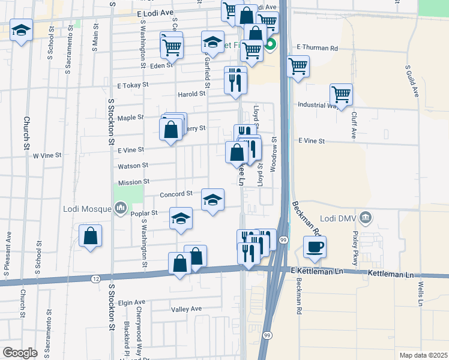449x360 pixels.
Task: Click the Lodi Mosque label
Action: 88,209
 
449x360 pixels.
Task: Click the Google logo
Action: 20,353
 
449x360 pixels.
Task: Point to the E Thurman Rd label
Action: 318,47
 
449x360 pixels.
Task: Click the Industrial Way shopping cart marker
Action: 341,94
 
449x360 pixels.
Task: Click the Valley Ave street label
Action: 186,309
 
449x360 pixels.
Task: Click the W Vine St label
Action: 47,155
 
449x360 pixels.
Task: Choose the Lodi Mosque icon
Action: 120,208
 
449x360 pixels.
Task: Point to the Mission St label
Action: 133,181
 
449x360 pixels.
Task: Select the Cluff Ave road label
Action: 354,125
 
